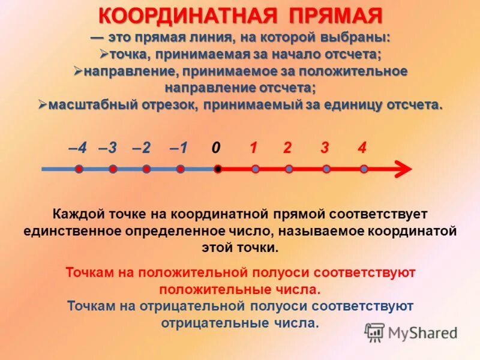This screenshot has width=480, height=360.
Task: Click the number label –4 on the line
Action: click(x=77, y=148)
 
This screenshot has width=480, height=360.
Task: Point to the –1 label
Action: click(x=179, y=148)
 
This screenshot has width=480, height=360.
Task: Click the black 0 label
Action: click(x=216, y=148)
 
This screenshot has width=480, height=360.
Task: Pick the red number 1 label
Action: click(x=254, y=148)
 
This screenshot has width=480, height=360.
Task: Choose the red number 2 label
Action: click(x=288, y=148)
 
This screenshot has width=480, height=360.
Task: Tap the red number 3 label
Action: click(x=325, y=148)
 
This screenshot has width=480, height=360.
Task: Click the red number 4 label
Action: click(x=362, y=148)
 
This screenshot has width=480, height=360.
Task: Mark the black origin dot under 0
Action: click(x=218, y=169)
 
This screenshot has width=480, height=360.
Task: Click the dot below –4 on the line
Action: click(x=79, y=169)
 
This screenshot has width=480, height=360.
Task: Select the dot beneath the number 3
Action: click(x=326, y=169)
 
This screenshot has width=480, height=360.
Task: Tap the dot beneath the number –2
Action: click(x=146, y=169)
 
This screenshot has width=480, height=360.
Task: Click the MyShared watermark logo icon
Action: click(x=375, y=332)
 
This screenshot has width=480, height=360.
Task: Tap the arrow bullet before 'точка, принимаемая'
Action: click(x=103, y=54)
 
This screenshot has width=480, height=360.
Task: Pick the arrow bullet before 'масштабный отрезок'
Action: click(x=43, y=104)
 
